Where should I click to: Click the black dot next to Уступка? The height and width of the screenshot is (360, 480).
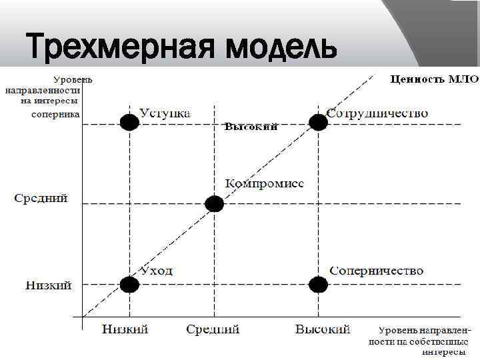click(x=129, y=123)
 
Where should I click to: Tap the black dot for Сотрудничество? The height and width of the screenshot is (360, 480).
click(x=319, y=122)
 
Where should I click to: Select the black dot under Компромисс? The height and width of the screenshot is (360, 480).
click(x=214, y=204)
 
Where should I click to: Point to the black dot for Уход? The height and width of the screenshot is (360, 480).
click(x=129, y=285)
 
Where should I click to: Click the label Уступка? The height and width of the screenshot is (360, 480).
click(x=165, y=113)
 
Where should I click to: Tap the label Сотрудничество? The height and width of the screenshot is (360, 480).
click(x=377, y=113)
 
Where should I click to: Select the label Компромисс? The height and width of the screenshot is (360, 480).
click(x=264, y=183)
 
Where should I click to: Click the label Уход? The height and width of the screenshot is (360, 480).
click(x=156, y=271)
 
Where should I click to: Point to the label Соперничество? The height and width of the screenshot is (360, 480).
click(x=377, y=271)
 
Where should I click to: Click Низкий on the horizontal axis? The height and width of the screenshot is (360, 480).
click(x=125, y=329)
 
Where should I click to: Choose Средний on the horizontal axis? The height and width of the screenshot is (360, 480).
click(x=213, y=329)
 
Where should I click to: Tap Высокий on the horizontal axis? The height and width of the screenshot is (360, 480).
click(x=323, y=329)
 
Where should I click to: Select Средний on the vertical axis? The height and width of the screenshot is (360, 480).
click(x=41, y=199)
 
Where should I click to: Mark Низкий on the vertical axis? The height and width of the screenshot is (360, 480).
click(x=49, y=285)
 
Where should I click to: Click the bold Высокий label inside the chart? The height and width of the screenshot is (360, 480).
click(x=251, y=127)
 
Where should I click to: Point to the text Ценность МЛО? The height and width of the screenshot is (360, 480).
click(x=433, y=79)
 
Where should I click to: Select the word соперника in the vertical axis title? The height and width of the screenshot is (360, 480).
click(x=56, y=115)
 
